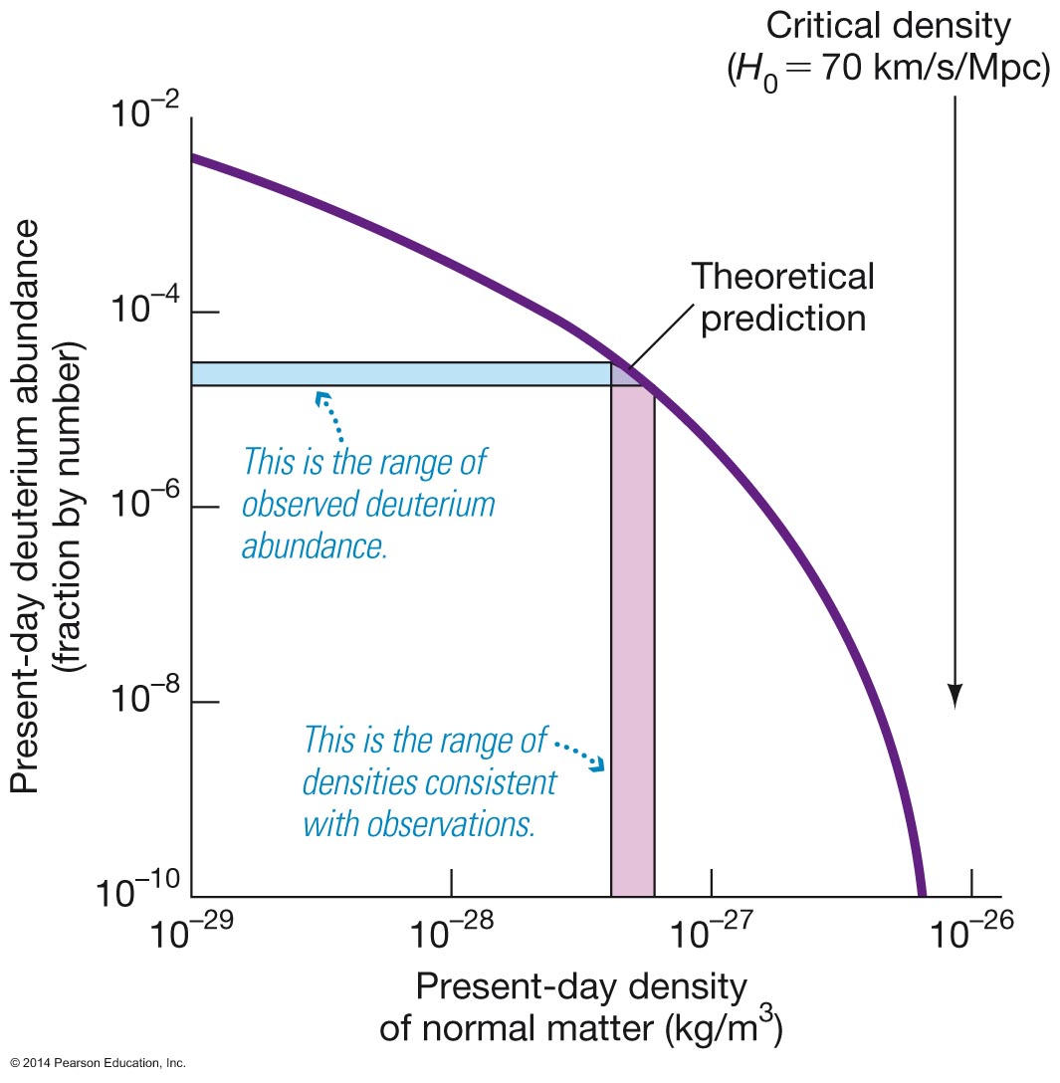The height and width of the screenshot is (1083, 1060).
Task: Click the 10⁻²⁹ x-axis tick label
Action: click(192, 936)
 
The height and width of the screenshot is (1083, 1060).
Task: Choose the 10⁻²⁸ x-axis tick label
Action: click(453, 936)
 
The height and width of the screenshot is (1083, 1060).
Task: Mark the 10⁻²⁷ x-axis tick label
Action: click(712, 936)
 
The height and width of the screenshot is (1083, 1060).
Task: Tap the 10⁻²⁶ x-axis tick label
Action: click(970, 936)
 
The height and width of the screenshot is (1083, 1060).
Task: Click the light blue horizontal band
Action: click(398, 373)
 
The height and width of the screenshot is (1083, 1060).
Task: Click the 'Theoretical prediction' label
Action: click(782, 297)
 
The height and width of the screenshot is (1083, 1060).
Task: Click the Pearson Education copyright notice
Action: click(95, 1063)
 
